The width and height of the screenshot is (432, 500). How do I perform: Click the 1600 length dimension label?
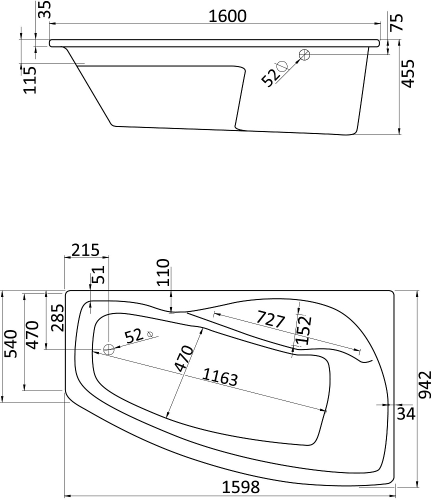(x=227, y=16)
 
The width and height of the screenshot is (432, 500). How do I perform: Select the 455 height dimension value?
(x=408, y=73)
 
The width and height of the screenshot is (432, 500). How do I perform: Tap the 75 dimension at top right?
(x=396, y=22)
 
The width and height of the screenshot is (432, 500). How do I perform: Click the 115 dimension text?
(x=30, y=80)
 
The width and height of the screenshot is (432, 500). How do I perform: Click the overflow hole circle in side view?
(x=304, y=55)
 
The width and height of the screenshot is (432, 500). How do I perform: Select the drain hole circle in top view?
(x=108, y=349)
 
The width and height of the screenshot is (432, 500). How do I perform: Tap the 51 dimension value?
(x=98, y=274)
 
